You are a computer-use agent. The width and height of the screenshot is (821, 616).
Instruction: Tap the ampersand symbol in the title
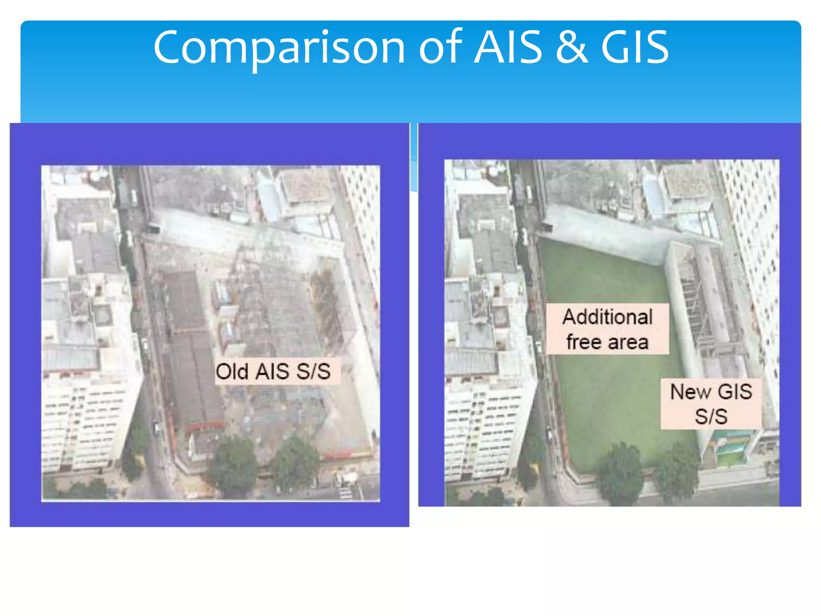pos(572,47)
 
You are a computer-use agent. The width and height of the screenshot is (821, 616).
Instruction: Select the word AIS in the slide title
pos(508,47)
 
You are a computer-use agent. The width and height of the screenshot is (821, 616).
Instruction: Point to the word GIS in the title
pos(635,47)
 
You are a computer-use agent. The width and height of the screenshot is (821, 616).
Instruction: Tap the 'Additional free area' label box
pos(607,329)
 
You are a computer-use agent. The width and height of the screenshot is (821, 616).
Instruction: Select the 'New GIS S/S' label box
pos(711,403)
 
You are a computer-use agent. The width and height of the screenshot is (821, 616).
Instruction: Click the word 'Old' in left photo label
pos(232,371)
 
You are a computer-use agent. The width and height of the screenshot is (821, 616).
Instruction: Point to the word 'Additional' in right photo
pos(607,317)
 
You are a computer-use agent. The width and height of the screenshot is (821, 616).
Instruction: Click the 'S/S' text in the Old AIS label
pos(313,371)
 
